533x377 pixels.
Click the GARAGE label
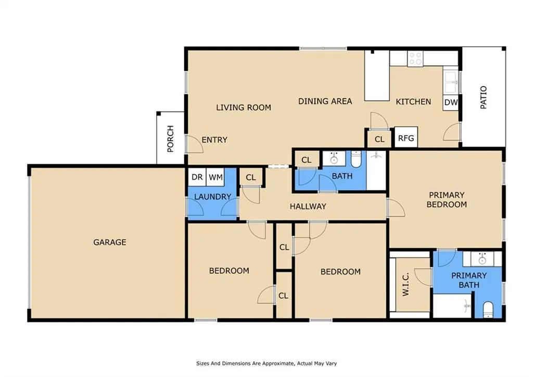[x=109, y=242]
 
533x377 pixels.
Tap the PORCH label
[x=170, y=139]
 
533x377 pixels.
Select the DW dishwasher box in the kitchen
[x=451, y=102]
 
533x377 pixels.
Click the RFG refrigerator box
[x=406, y=138]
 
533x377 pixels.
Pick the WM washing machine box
[x=215, y=177]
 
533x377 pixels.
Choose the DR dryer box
[x=197, y=177]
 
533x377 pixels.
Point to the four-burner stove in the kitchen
[x=415, y=58]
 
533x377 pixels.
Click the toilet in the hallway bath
[x=356, y=159]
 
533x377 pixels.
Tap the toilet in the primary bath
[x=488, y=309]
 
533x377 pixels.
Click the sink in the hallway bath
[x=334, y=159]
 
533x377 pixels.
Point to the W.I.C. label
[x=405, y=284]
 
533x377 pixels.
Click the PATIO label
[x=483, y=98]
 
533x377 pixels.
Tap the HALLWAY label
[x=308, y=206]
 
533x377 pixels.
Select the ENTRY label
[x=214, y=140]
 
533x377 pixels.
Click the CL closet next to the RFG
[x=379, y=139]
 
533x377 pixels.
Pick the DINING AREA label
[x=325, y=101]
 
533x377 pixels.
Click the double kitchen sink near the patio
[x=451, y=82]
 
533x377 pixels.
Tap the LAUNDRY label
[x=212, y=197]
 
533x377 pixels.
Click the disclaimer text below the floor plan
[x=266, y=363]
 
